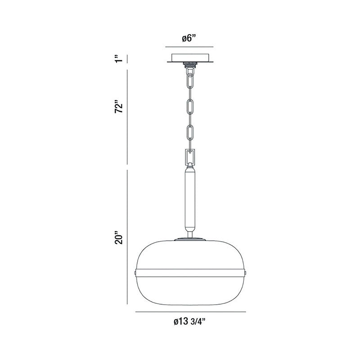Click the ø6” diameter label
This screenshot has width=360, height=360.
(189, 38)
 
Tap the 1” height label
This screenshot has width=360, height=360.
(119, 58)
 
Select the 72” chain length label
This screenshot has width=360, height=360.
(119, 106)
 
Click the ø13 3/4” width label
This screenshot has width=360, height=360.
(189, 322)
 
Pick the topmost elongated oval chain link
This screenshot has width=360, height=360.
(190, 81)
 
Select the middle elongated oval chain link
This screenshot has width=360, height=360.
(190, 107)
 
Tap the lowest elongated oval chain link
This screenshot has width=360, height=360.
(190, 132)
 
